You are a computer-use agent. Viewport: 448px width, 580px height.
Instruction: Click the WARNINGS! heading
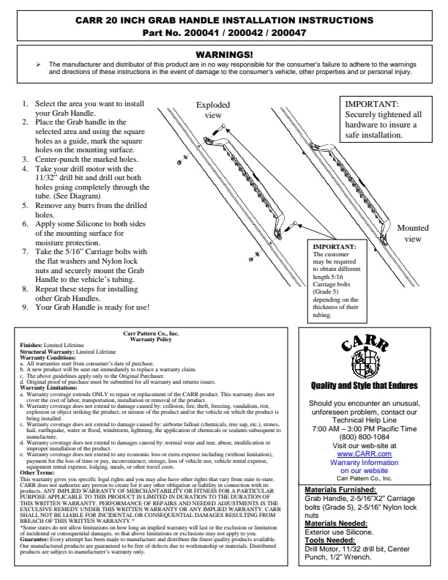point(224,54)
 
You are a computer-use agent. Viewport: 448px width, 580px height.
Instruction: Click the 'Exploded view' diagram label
point(213,110)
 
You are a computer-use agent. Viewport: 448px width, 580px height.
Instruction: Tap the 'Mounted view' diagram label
point(413,234)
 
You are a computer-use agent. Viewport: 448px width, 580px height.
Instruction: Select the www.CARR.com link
point(365,454)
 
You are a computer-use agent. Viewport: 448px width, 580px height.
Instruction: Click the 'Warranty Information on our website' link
point(365,466)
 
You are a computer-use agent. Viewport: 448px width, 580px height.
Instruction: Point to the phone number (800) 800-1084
point(365,437)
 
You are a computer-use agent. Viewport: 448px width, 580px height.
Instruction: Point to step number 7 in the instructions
point(26,251)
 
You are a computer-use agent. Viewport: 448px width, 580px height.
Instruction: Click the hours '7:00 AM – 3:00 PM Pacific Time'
point(365,428)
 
